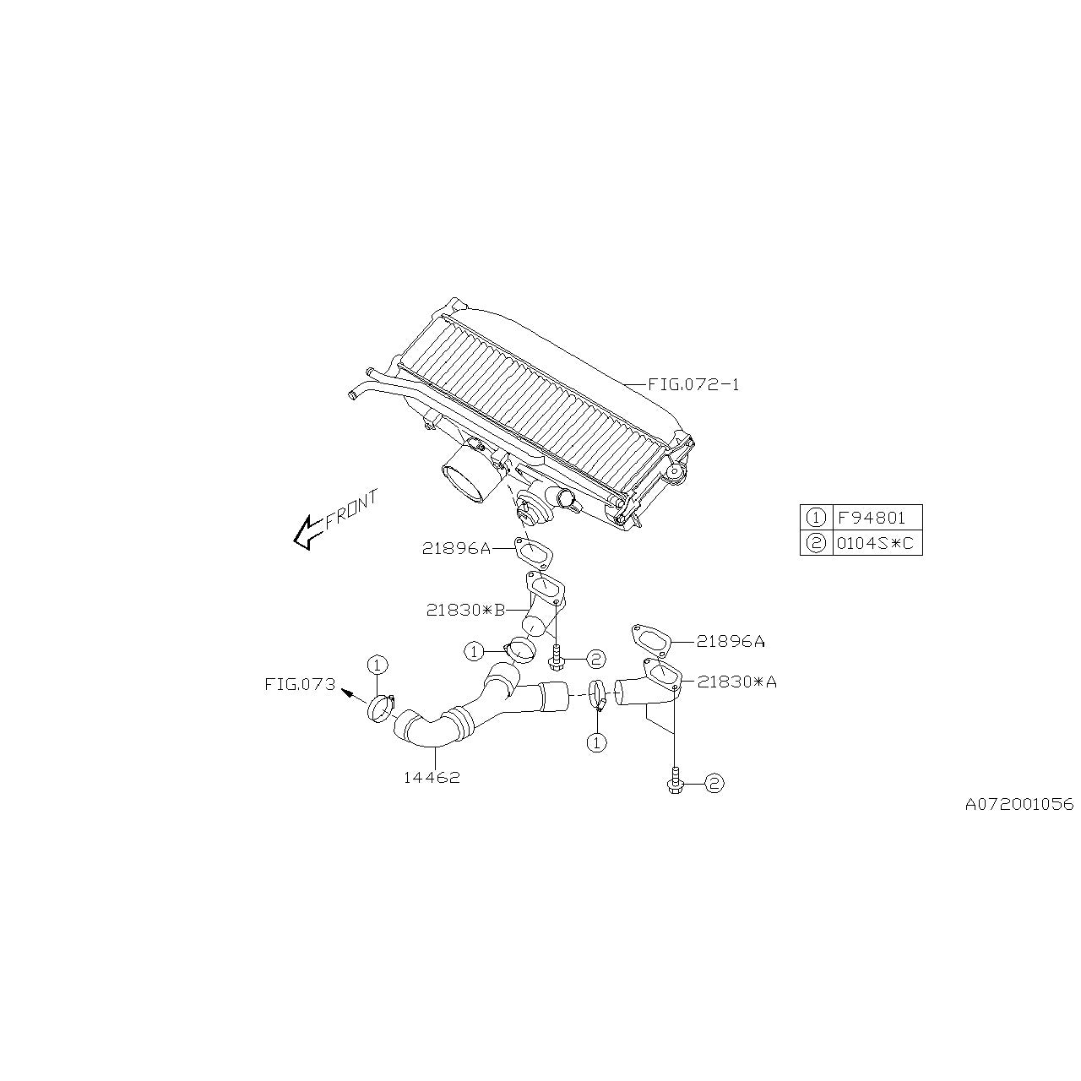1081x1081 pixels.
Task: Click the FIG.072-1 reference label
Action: (693, 385)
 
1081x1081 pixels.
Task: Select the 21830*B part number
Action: (465, 609)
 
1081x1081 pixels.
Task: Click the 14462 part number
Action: (432, 778)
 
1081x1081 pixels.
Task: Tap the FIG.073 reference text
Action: (300, 684)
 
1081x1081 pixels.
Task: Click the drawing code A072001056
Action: (1019, 804)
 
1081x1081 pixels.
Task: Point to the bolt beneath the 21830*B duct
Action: (556, 655)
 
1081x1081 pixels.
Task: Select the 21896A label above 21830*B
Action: (456, 549)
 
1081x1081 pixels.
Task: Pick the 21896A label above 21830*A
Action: (731, 641)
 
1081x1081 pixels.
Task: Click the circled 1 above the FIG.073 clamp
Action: (377, 665)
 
